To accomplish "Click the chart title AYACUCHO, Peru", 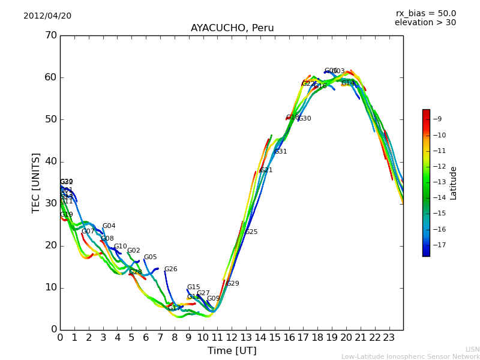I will click(x=232, y=28).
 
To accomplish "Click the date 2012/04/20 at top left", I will click(x=47, y=16).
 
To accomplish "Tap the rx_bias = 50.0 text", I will click(x=425, y=14).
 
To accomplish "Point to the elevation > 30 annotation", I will click(x=425, y=23).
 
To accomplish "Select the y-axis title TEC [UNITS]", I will click(x=37, y=182).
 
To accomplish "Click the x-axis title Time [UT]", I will click(x=232, y=351).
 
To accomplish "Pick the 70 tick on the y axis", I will click(x=50, y=35).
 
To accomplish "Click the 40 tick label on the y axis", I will click(x=50, y=161).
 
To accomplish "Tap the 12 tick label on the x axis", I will click(x=232, y=338).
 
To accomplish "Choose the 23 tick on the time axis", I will click(x=389, y=338).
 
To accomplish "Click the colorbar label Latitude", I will click(x=454, y=183).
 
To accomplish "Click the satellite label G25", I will click(x=251, y=232).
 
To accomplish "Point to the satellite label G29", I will click(x=232, y=284).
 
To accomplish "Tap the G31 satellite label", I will click(x=280, y=152).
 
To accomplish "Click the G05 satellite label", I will click(x=150, y=257).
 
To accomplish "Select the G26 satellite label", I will click(x=170, y=269).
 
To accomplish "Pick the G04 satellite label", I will click(x=109, y=226).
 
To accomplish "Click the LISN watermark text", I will click(x=472, y=349).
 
